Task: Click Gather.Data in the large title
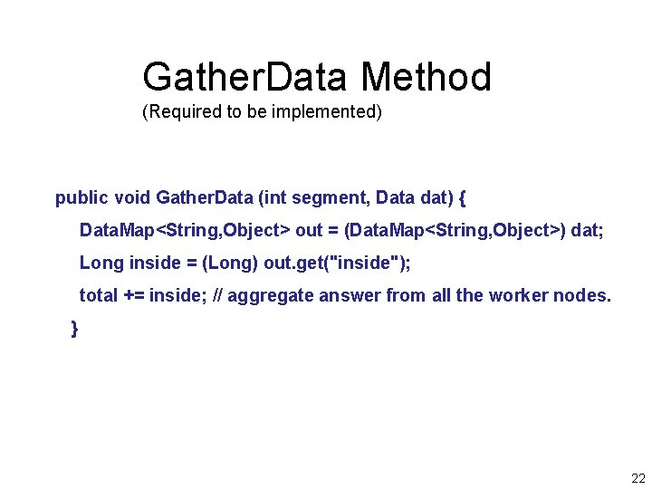tap(244, 78)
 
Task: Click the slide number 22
tap(638, 478)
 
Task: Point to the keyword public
tap(81, 197)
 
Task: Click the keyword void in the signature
tap(131, 197)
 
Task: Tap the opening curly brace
tap(463, 197)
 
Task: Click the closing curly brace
tap(74, 329)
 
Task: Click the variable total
tap(99, 295)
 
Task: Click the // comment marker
tap(217, 295)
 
